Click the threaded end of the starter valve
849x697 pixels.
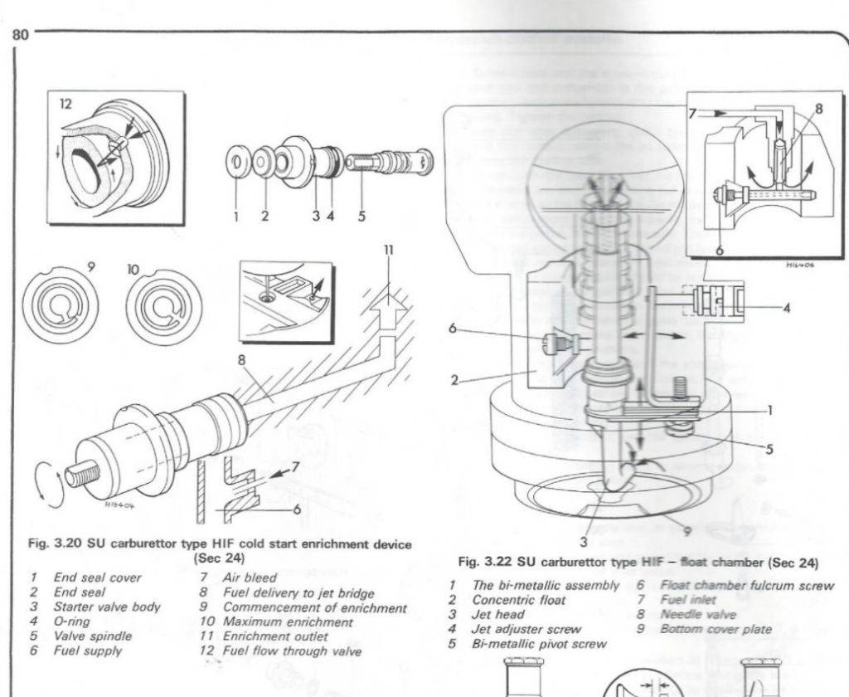[x=85, y=474]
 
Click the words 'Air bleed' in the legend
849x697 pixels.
[x=250, y=578]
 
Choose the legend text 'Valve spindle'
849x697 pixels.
[x=93, y=636]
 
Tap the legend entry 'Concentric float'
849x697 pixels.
[x=519, y=599]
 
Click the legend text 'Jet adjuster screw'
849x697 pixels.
[x=526, y=629]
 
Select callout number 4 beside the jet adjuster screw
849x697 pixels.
[x=787, y=308]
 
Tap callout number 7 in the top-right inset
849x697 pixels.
[x=692, y=111]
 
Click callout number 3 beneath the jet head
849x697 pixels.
[x=584, y=543]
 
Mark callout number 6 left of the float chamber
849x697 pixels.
[x=453, y=329]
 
